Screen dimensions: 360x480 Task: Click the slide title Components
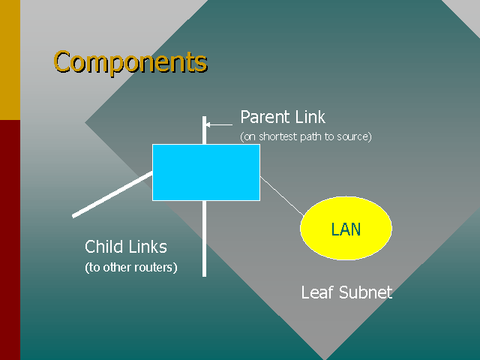click(x=130, y=61)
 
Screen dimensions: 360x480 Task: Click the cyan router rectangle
click(x=206, y=172)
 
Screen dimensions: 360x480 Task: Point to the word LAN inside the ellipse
click(x=346, y=229)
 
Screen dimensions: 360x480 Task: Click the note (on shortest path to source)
click(x=305, y=136)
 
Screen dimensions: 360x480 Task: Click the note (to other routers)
click(x=131, y=267)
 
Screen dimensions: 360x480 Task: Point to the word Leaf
click(x=317, y=292)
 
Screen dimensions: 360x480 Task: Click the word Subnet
click(x=365, y=292)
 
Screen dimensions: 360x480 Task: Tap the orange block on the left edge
click(x=10, y=60)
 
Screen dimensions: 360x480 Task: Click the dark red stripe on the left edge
click(x=10, y=240)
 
